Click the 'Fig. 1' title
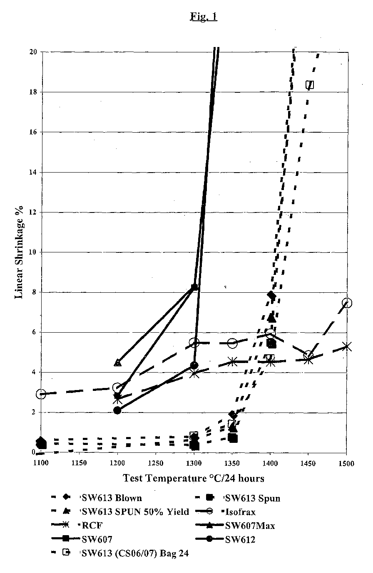click(204, 17)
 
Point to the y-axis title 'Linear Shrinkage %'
click(19, 252)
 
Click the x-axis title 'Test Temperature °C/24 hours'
click(194, 478)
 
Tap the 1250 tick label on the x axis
click(156, 463)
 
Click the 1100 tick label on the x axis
click(41, 463)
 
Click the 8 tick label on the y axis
click(34, 292)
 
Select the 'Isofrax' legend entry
click(226, 511)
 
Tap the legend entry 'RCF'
click(77, 525)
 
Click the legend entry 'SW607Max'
click(235, 526)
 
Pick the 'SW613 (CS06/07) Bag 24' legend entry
click(120, 553)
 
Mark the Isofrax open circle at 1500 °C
click(347, 303)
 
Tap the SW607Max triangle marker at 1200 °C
click(117, 363)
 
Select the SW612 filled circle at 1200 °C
click(117, 410)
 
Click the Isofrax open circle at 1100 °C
click(41, 394)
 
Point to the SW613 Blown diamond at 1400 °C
click(271, 296)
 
